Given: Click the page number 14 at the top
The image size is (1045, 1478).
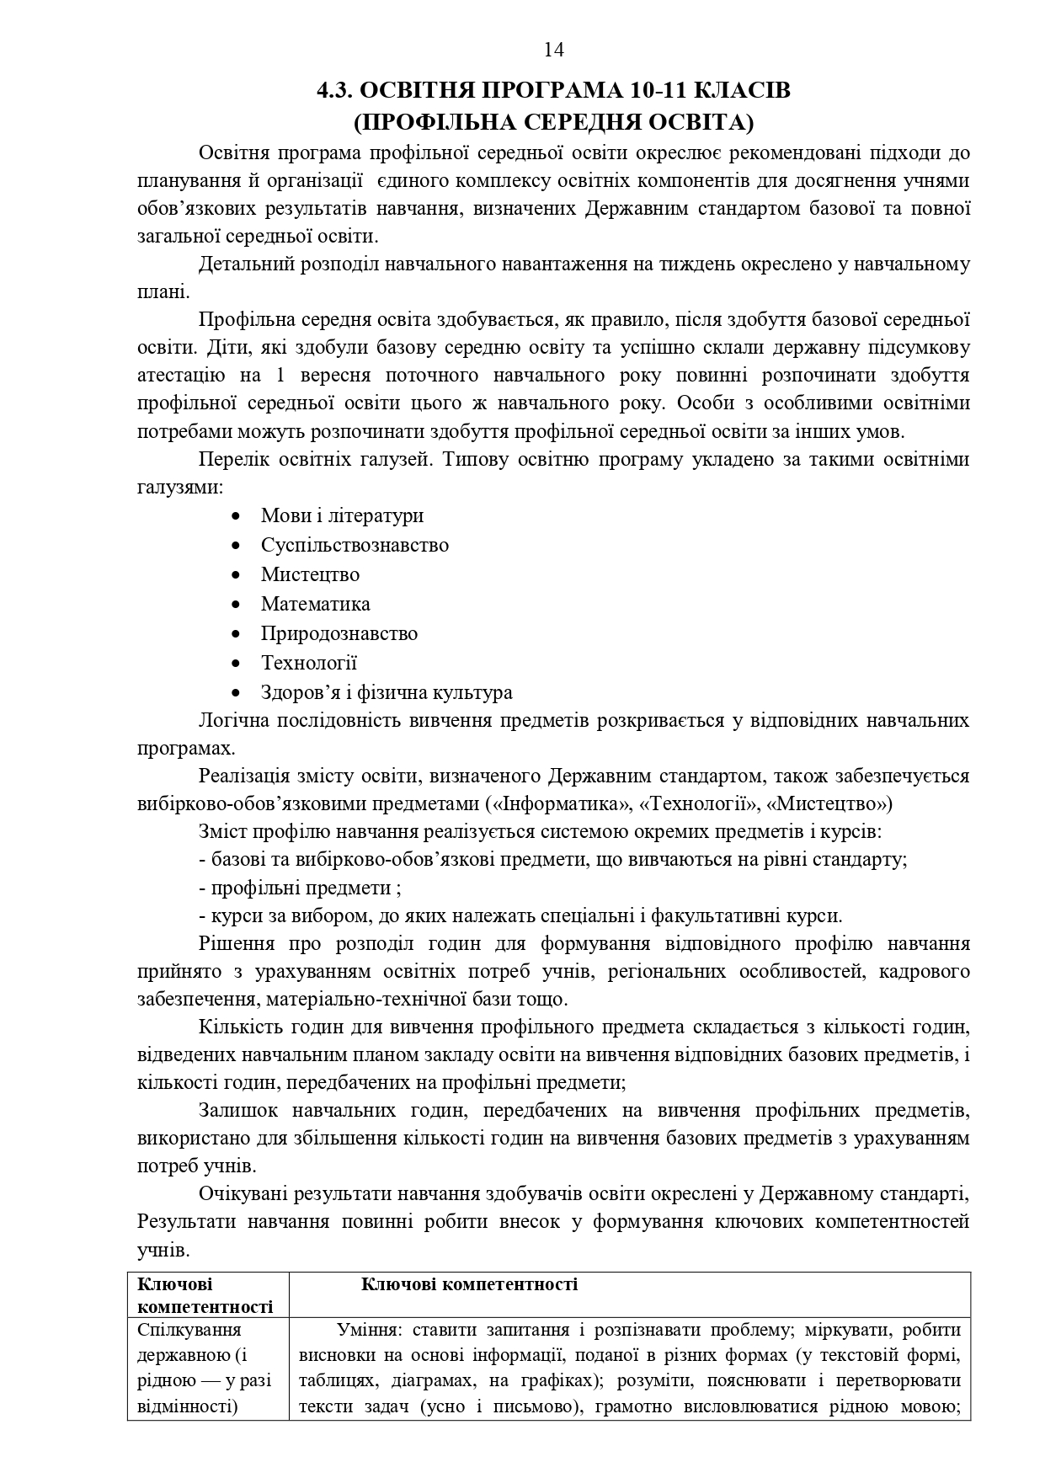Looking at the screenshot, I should tap(553, 51).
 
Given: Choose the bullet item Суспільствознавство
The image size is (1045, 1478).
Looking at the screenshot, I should tap(355, 545).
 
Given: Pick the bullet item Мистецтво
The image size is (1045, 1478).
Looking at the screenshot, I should tap(310, 574).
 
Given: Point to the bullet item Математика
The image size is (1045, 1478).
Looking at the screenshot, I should tap(315, 604).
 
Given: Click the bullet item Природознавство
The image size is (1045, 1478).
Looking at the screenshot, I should tap(339, 633).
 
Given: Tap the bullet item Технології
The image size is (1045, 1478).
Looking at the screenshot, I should tap(309, 663).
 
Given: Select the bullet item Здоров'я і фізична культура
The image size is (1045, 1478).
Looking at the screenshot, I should tap(387, 692).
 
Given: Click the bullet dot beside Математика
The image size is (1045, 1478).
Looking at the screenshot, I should tap(237, 605).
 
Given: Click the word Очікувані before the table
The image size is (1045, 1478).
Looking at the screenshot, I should tap(241, 1194).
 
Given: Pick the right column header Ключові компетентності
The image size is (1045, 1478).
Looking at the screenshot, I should tap(469, 1284).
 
